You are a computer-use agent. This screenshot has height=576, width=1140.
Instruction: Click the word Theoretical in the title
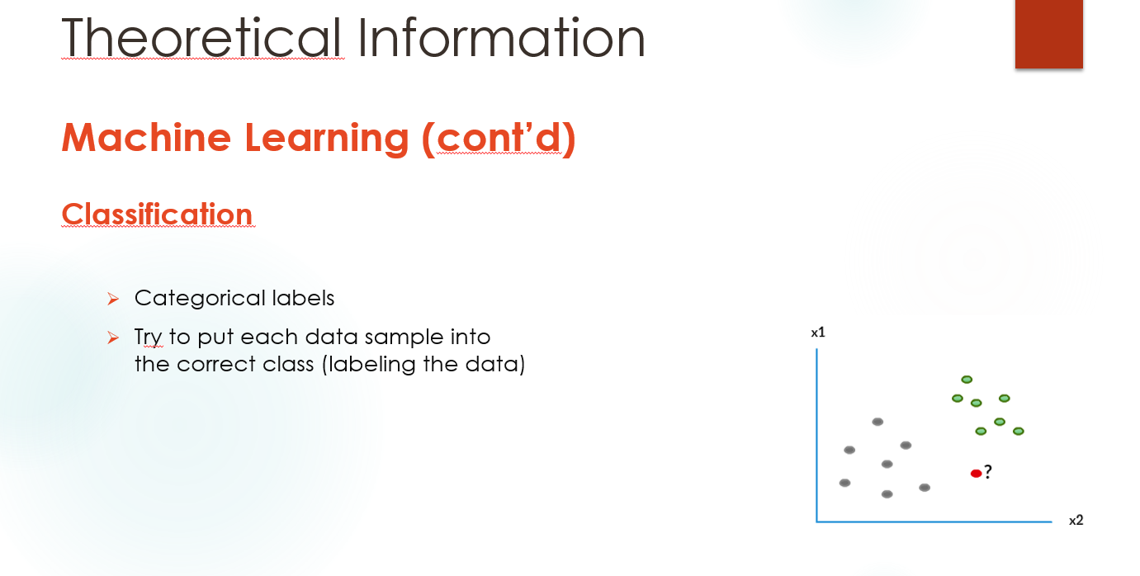201,37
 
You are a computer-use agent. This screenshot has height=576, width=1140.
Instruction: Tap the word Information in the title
501,37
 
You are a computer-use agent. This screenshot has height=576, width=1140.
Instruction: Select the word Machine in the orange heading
147,137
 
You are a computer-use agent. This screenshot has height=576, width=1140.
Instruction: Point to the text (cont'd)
499,139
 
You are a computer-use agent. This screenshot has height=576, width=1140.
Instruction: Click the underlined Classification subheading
158,214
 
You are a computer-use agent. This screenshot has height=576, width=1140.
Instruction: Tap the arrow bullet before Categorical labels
113,299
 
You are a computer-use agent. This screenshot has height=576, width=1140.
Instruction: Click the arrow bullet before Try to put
113,338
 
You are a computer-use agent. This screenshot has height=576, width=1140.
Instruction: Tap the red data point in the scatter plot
976,474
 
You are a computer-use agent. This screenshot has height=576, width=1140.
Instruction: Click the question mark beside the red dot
988,472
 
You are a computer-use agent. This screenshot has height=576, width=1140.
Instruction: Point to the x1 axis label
818,333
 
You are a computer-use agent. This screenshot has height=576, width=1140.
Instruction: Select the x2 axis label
1076,521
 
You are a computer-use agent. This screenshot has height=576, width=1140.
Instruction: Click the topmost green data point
967,380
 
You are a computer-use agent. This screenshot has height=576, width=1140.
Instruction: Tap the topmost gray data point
877,422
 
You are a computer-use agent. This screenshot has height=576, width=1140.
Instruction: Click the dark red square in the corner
1049,34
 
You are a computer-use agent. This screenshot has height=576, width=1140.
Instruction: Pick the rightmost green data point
1019,432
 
